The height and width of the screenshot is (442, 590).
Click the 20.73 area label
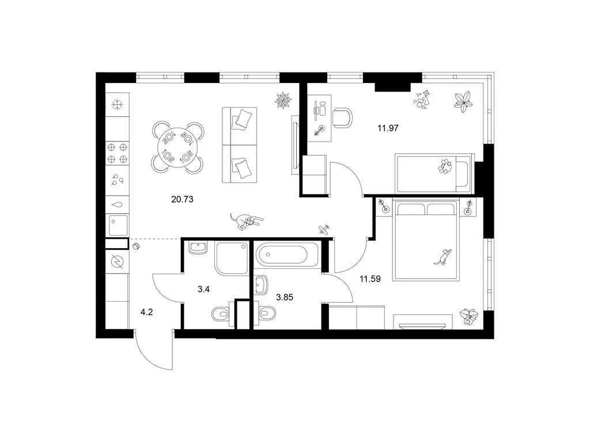point(182,199)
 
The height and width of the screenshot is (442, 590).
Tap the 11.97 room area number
point(388,128)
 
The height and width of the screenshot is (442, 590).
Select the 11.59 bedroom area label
point(370,279)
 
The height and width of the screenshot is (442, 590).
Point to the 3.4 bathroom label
point(203,289)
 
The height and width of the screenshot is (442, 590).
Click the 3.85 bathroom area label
point(285,298)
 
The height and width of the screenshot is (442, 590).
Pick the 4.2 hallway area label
point(146,312)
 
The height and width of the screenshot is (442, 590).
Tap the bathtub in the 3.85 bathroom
point(287,254)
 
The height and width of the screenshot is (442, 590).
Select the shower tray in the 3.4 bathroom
point(232,258)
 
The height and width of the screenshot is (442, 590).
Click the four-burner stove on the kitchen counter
point(117,153)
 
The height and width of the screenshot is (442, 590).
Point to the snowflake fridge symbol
point(118,105)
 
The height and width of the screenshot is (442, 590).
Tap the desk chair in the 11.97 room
point(342,117)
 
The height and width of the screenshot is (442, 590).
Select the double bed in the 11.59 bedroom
point(426,240)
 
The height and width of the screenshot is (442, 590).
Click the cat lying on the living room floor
point(247,221)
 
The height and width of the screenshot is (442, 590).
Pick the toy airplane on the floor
point(323,230)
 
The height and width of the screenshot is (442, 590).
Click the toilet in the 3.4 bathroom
point(221,314)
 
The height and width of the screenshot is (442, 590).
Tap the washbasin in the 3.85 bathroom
point(261,285)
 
